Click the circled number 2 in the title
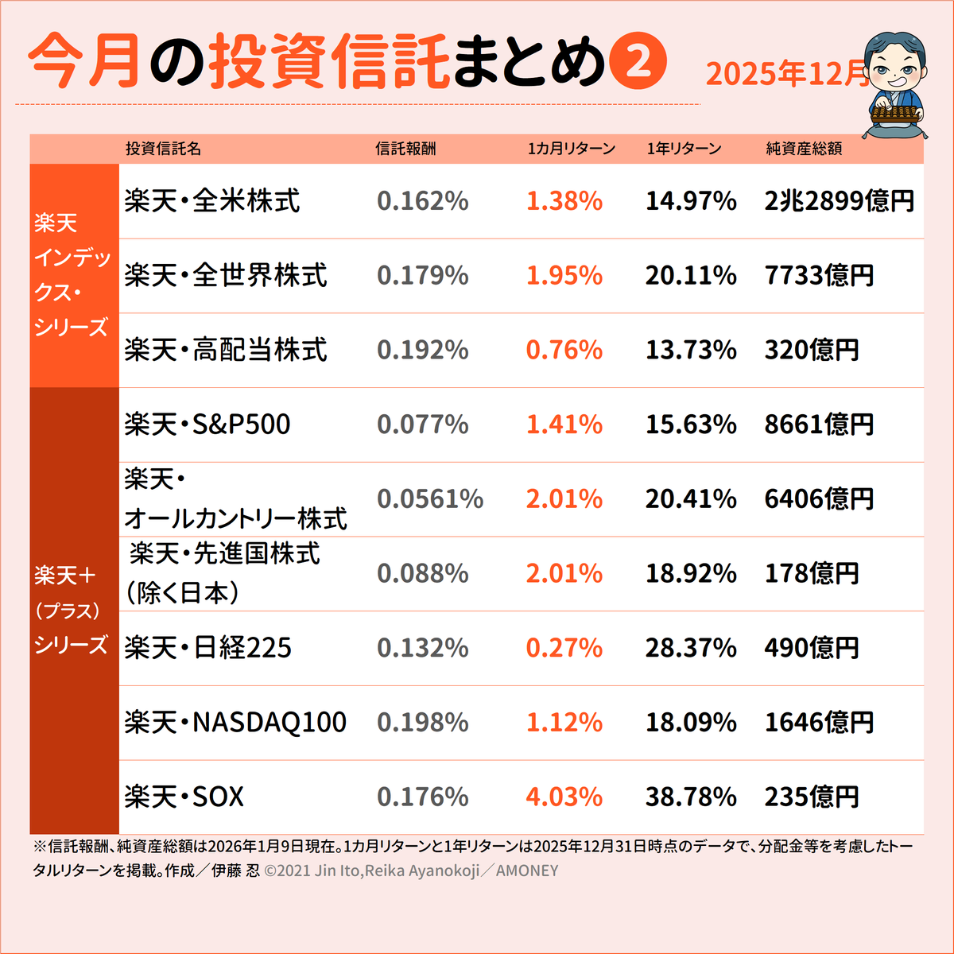click(638, 62)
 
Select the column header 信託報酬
click(405, 149)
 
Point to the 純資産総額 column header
click(804, 149)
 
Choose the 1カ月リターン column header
click(571, 149)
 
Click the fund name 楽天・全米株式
click(211, 201)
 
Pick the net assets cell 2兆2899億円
click(839, 201)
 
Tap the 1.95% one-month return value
click(564, 276)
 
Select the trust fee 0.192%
click(422, 350)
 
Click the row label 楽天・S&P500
click(207, 425)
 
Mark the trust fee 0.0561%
click(429, 499)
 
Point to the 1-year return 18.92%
click(690, 574)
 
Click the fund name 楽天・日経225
click(207, 648)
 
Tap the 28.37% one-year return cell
click(690, 648)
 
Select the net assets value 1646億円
click(819, 723)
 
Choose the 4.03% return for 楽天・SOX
click(564, 797)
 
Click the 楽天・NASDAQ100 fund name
click(235, 723)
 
